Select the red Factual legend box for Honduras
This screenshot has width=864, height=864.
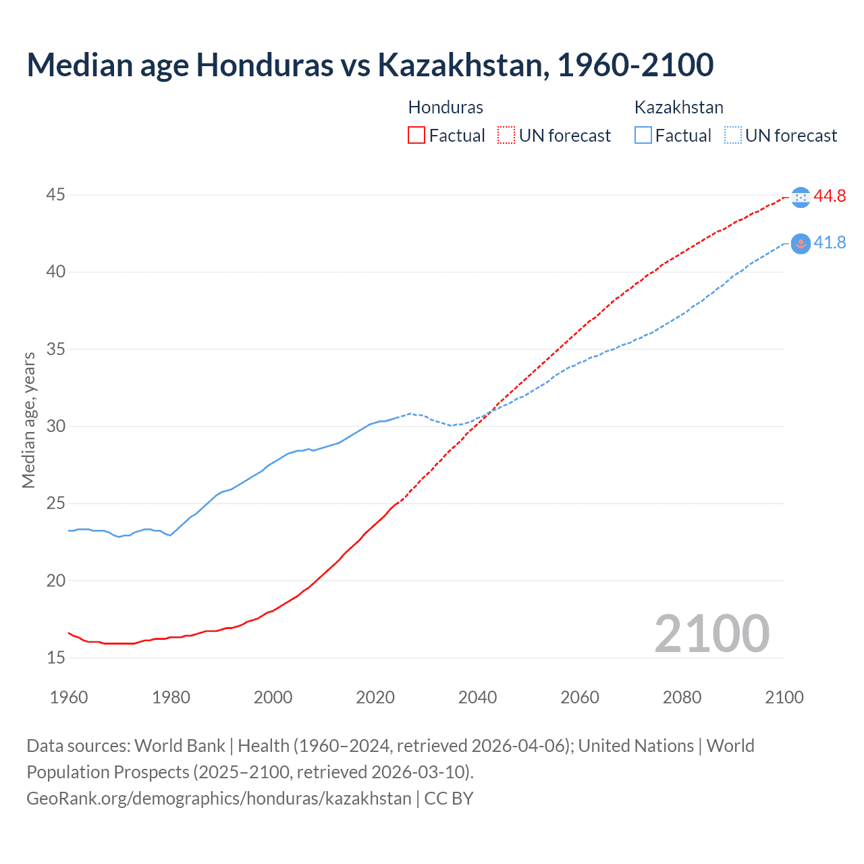(x=416, y=136)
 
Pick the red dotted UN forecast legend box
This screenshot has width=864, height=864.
(x=506, y=136)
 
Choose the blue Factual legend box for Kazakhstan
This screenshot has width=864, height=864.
(x=643, y=136)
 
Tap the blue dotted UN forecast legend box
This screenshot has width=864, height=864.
(x=733, y=136)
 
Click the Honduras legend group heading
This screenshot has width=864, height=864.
(x=446, y=107)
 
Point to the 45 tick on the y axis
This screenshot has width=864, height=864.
(x=56, y=195)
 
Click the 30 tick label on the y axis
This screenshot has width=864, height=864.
(x=56, y=426)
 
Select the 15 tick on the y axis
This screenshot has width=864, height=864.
(x=56, y=657)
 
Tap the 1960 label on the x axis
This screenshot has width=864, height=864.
(x=69, y=697)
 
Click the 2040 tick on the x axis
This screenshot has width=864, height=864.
(x=477, y=697)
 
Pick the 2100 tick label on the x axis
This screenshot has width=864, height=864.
(x=784, y=697)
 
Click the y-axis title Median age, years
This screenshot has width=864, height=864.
(x=28, y=420)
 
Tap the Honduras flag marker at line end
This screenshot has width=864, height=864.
(x=801, y=197)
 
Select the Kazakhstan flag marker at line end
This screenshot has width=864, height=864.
(x=801, y=244)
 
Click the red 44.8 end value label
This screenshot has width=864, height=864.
(x=830, y=196)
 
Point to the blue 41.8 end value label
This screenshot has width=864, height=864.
(x=830, y=243)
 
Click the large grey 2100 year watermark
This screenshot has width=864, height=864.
(x=711, y=633)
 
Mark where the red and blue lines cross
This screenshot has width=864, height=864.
(x=489, y=411)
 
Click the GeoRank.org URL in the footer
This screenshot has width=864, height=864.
(x=219, y=799)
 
